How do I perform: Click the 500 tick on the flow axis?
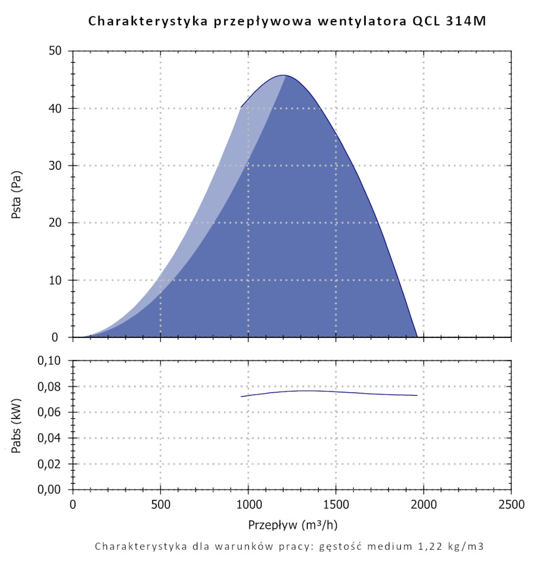coord(161,505)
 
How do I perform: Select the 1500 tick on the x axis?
coord(336,505)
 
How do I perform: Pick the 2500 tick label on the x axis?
coord(511,505)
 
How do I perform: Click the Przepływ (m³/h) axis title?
coord(294,525)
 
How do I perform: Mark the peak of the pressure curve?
coord(283,75)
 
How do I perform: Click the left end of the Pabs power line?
coord(242,397)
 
